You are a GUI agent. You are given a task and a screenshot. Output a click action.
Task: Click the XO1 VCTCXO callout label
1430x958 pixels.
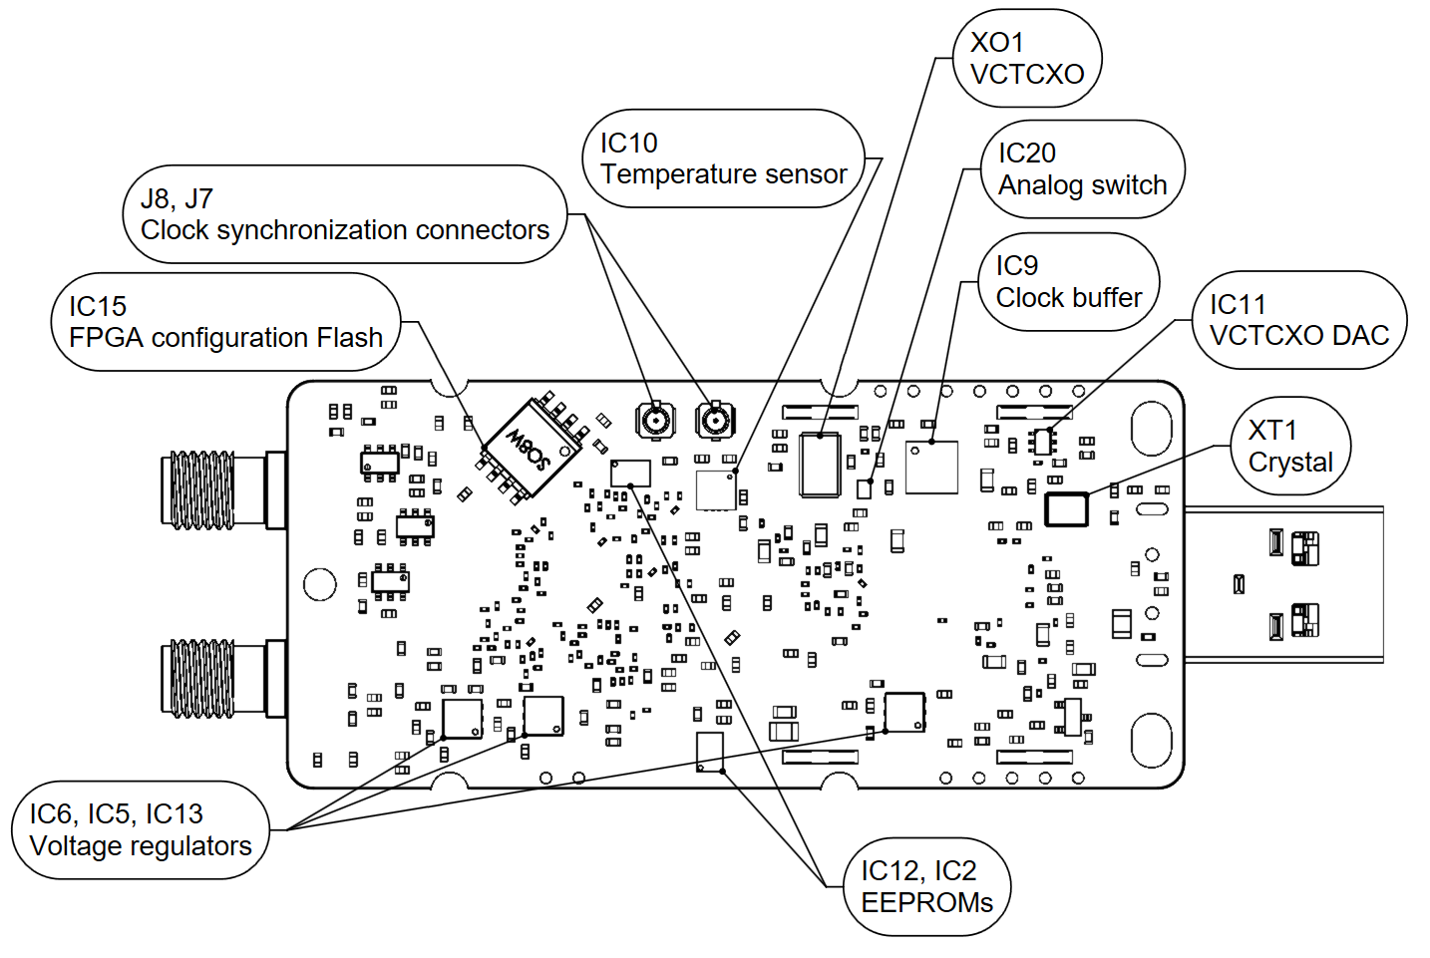tap(1027, 58)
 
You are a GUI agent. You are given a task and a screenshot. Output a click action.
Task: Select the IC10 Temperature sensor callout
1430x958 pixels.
tap(723, 159)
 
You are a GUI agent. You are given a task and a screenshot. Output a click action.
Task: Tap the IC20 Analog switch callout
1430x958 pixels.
tap(1082, 169)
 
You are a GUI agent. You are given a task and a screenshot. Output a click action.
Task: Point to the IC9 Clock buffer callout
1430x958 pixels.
tap(1068, 282)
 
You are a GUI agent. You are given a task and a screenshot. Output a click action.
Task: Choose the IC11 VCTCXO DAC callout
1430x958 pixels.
tap(1298, 320)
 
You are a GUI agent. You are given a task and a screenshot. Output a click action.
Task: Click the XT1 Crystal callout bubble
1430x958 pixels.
tap(1290, 446)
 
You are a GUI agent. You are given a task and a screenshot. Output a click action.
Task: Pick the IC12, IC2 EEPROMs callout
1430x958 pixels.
tap(926, 886)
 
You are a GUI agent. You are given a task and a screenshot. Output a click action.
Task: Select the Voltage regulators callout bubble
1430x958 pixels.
tap(141, 829)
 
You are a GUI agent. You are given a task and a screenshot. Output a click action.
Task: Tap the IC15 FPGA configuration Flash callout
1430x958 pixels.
tap(225, 322)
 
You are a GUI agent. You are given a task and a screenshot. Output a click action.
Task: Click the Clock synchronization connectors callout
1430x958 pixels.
tap(344, 214)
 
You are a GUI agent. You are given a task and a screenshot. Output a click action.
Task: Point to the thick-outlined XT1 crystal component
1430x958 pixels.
tap(1065, 508)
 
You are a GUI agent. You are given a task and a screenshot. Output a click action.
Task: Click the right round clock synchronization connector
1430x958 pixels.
tap(714, 421)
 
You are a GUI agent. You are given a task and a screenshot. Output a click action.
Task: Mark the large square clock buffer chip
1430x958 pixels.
tap(931, 467)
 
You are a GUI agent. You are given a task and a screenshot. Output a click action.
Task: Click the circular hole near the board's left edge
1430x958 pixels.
tap(320, 584)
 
